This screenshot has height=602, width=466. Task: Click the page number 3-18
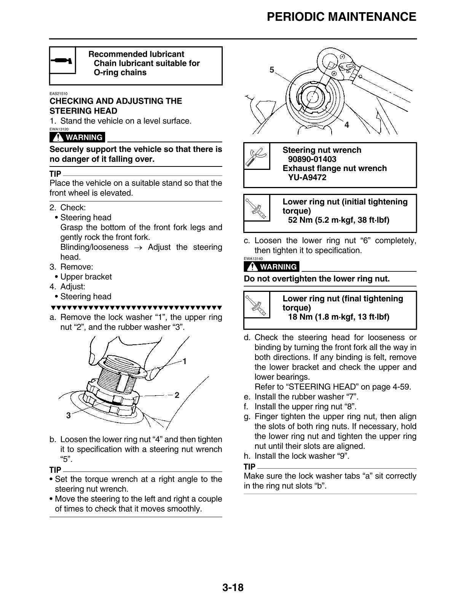point(233,588)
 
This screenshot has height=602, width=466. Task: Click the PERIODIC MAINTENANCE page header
point(341,17)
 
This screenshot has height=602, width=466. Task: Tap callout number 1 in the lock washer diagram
point(184,361)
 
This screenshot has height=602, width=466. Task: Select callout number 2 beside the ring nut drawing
point(177,395)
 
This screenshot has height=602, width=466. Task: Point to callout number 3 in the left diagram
point(69,416)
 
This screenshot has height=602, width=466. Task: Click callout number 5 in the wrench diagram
point(271,70)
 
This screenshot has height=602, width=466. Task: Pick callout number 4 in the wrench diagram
point(346,125)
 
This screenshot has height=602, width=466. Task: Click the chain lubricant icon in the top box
point(62,60)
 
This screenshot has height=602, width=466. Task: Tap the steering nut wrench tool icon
point(257,156)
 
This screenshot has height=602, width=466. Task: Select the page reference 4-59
point(401,387)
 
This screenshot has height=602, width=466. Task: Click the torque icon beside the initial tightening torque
point(257,208)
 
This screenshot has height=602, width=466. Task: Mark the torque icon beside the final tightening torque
point(257,305)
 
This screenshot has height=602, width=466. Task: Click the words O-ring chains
point(120,73)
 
